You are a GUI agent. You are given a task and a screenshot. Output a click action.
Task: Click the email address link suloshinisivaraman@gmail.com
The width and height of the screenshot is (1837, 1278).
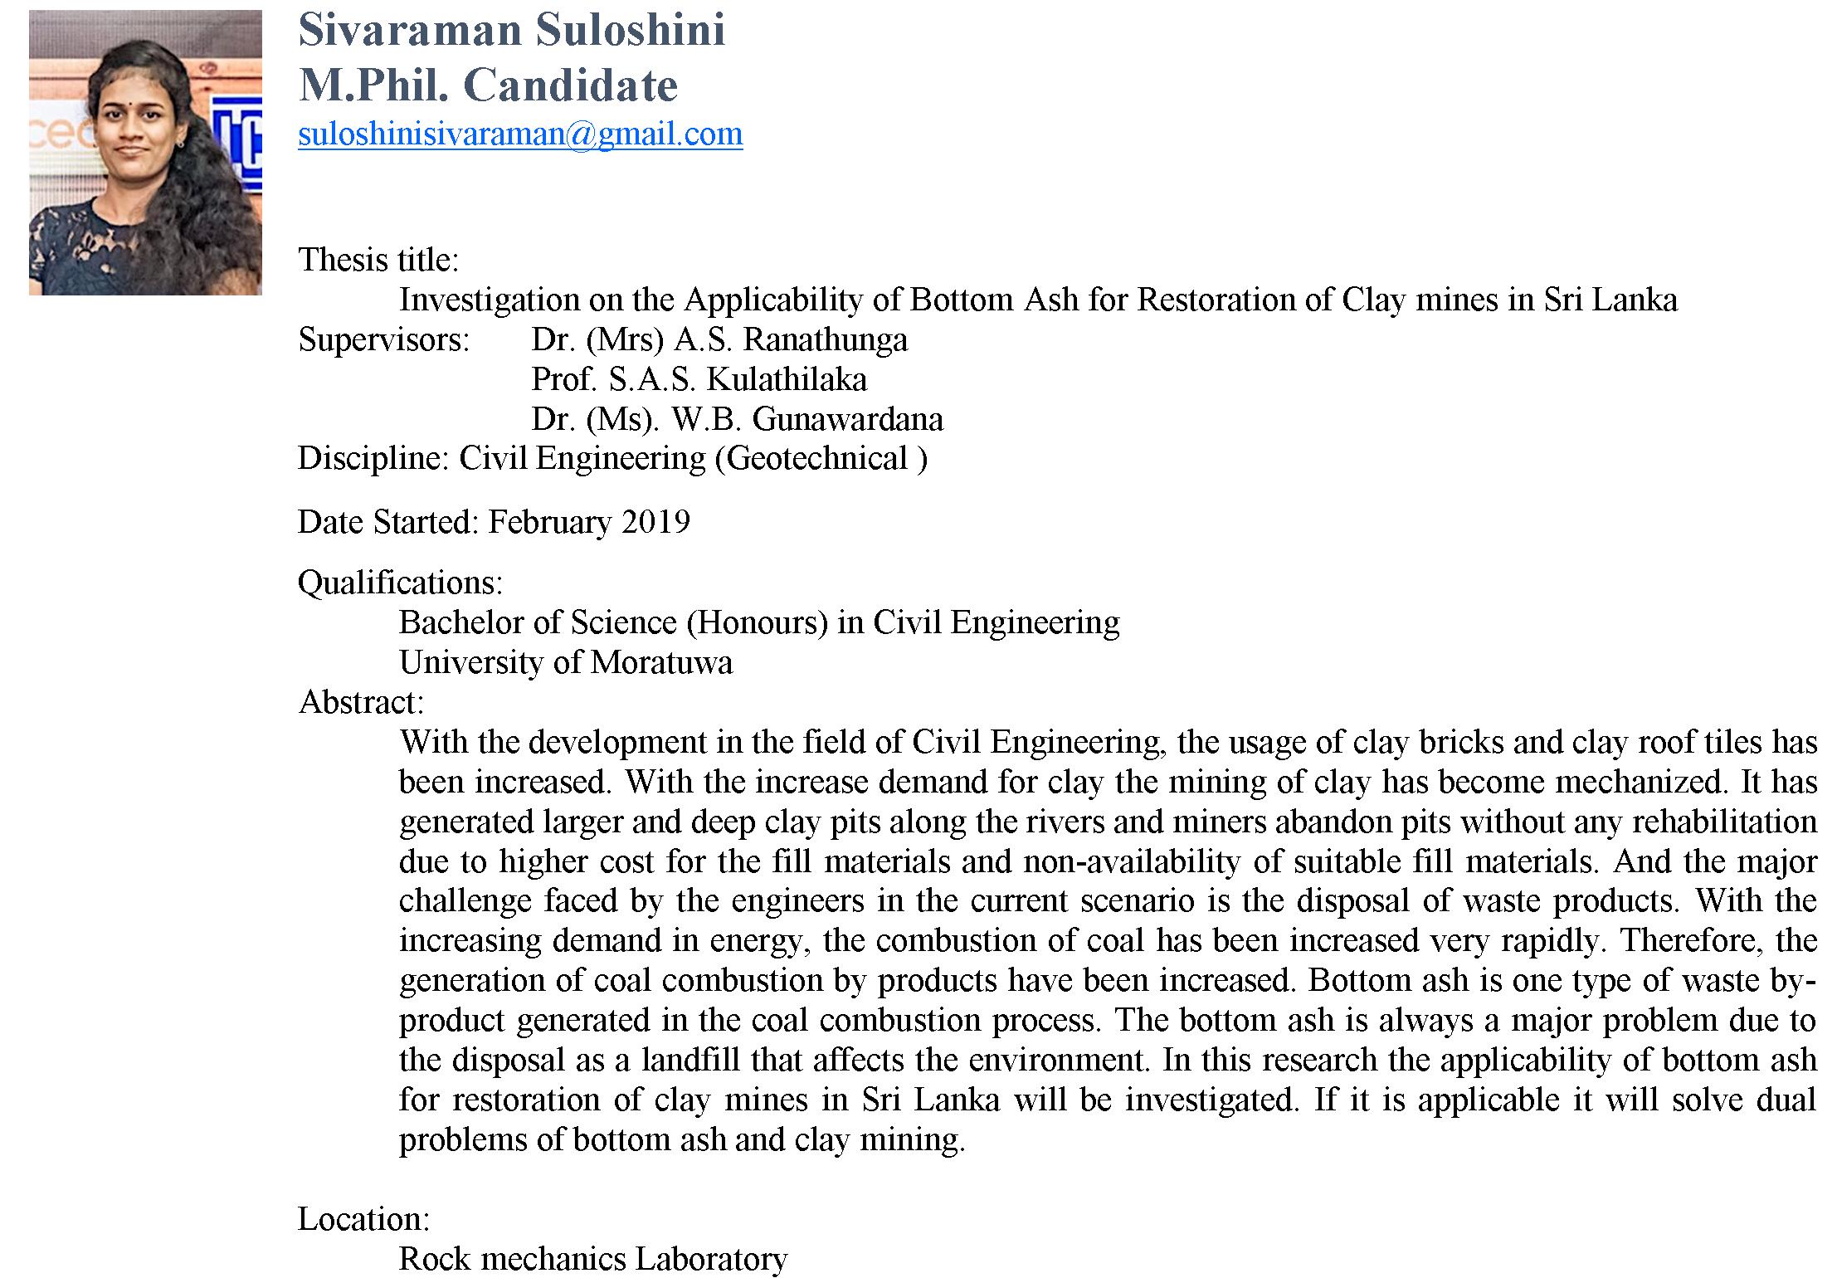(x=520, y=134)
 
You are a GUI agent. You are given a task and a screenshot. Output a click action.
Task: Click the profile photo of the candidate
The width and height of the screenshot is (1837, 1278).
(x=145, y=153)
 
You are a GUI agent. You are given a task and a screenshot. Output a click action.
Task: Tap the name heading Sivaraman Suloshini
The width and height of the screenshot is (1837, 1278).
(x=511, y=30)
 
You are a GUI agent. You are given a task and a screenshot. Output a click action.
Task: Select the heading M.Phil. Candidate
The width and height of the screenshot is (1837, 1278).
(x=488, y=85)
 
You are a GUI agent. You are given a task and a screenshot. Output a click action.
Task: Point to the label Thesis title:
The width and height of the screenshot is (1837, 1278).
(x=378, y=260)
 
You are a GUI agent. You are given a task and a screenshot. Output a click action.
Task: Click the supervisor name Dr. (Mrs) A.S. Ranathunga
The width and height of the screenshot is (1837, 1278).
(x=719, y=339)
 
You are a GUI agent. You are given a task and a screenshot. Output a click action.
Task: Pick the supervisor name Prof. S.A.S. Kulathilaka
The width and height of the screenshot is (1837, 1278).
(x=699, y=379)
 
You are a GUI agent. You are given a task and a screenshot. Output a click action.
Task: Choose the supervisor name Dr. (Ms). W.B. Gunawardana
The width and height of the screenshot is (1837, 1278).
(x=737, y=419)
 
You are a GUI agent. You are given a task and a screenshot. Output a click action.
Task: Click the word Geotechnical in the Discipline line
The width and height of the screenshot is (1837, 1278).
(x=817, y=459)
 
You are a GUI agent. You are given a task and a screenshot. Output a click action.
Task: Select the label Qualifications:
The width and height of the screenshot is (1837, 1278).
(x=400, y=583)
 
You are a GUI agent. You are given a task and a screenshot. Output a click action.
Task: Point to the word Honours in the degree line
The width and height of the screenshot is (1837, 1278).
(x=757, y=622)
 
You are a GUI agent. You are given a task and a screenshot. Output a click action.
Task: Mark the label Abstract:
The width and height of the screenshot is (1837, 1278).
(x=361, y=702)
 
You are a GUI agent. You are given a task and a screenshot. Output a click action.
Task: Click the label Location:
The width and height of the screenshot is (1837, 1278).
(x=363, y=1219)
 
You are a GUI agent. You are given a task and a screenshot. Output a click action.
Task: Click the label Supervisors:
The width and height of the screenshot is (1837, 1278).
(x=383, y=339)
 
